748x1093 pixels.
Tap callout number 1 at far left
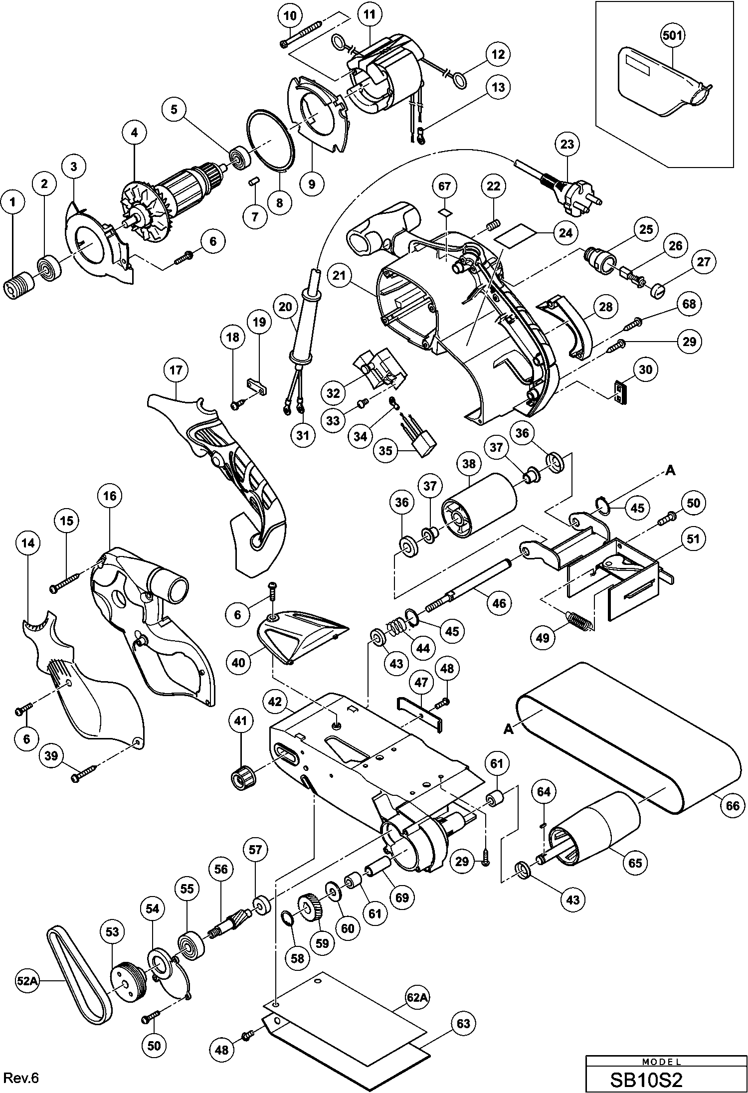click(13, 201)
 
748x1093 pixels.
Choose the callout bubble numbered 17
click(176, 370)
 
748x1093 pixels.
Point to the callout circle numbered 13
click(498, 87)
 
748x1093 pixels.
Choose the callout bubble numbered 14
click(28, 543)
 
